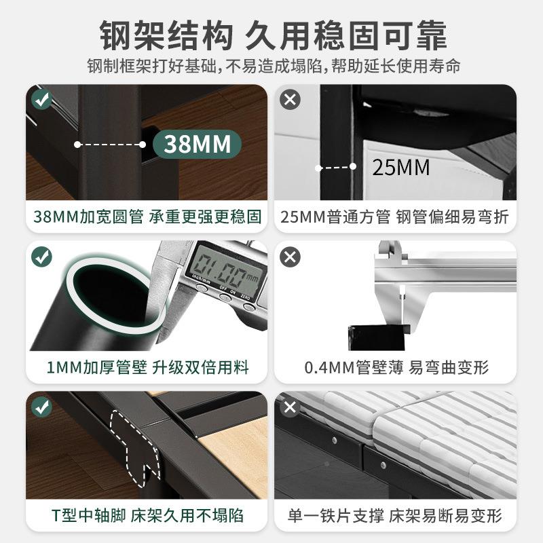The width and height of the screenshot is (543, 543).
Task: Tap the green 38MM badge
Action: (x=197, y=144)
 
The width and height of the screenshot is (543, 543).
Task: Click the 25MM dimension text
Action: (x=401, y=167)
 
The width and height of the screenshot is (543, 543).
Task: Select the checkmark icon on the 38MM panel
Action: (x=42, y=100)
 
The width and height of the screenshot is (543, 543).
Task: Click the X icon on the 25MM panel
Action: (x=291, y=100)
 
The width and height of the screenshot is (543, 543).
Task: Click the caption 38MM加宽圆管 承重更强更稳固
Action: (x=147, y=217)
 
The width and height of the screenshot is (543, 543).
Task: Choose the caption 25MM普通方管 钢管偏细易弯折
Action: (x=395, y=217)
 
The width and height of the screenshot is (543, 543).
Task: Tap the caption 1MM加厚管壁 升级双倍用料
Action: (x=147, y=368)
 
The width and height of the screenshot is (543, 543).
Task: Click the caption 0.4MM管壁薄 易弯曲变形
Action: (x=395, y=368)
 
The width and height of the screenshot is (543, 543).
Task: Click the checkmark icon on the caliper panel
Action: (x=42, y=257)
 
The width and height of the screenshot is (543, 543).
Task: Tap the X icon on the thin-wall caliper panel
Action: (x=291, y=257)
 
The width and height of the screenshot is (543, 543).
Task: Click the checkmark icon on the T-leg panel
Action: (x=42, y=407)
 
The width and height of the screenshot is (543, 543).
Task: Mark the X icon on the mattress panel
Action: (x=291, y=407)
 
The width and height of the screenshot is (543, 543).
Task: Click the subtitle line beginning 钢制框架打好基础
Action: (x=271, y=67)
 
